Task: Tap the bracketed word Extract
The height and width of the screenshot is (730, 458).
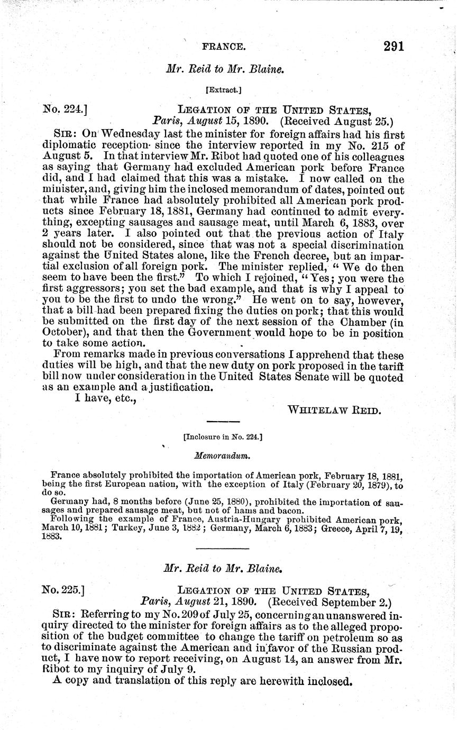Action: coord(225,90)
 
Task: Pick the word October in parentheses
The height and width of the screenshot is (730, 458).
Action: coord(65,333)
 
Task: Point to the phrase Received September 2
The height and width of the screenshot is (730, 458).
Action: coord(329,601)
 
